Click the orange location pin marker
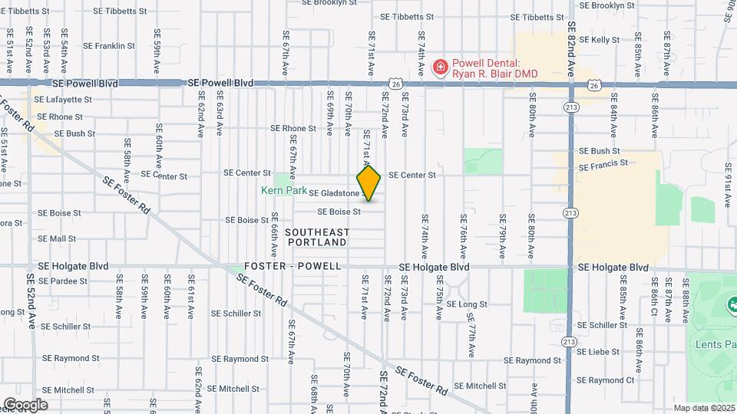pos(368,183)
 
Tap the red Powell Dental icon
pos(441,67)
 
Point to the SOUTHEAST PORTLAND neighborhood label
pos(318,237)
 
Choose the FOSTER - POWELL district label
pos(292,266)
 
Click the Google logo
pos(25,405)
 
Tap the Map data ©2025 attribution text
pos(703,408)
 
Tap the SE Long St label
pos(467,304)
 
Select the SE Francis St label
pos(603,165)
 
